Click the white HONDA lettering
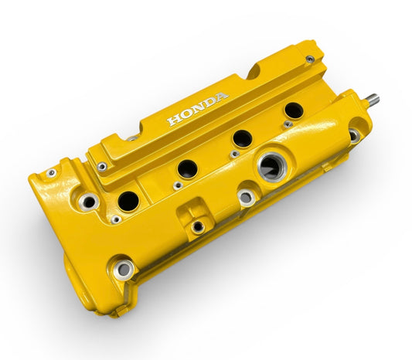click(x=198, y=108)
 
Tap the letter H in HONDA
click(x=173, y=120)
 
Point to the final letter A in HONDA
click(x=223, y=97)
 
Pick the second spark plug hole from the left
click(x=188, y=168)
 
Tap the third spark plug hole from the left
click(x=243, y=138)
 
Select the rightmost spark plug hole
click(x=294, y=110)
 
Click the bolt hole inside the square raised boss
click(x=198, y=227)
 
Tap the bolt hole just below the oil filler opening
click(x=246, y=198)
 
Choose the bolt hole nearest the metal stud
click(x=353, y=136)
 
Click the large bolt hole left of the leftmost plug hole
click(x=89, y=202)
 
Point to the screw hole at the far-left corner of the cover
click(x=50, y=173)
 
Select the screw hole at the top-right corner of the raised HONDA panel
click(x=309, y=59)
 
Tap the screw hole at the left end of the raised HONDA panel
click(x=101, y=166)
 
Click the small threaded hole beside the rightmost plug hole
click(x=288, y=124)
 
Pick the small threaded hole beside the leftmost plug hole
click(x=116, y=219)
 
